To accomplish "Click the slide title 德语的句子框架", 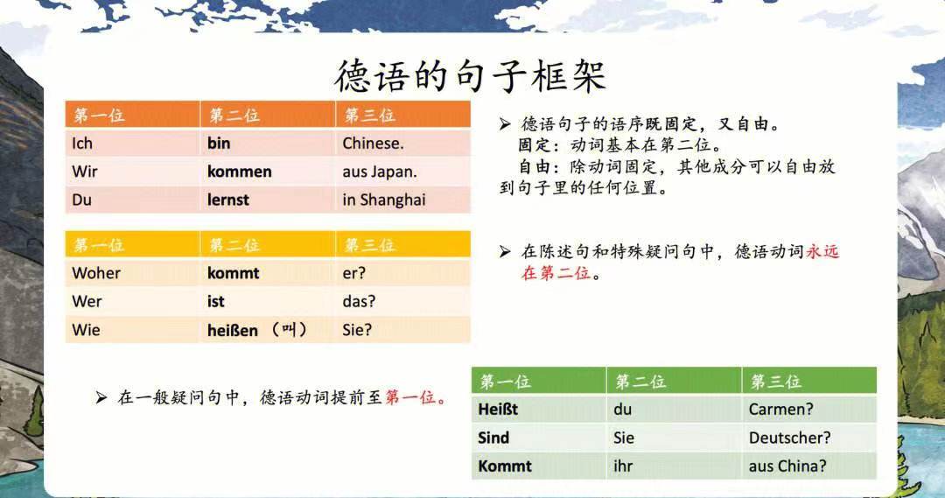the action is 470,75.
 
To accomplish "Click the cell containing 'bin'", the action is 268,143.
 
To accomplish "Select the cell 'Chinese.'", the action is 402,143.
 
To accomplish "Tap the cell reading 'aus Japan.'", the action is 402,172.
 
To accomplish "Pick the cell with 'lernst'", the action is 268,200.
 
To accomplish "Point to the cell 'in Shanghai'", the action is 402,200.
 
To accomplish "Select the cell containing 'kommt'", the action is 268,273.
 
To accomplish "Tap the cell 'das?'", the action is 402,301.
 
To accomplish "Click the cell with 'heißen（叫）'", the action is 268,330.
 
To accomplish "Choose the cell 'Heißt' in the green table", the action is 539,410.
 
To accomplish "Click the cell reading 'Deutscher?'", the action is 809,438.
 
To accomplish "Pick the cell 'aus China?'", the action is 809,466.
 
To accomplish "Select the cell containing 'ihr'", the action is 675,466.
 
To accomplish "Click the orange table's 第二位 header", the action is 268,115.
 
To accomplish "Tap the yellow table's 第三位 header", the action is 402,245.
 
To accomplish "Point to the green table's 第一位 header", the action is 539,381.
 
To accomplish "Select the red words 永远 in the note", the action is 822,251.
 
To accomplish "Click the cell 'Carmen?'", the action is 809,410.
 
